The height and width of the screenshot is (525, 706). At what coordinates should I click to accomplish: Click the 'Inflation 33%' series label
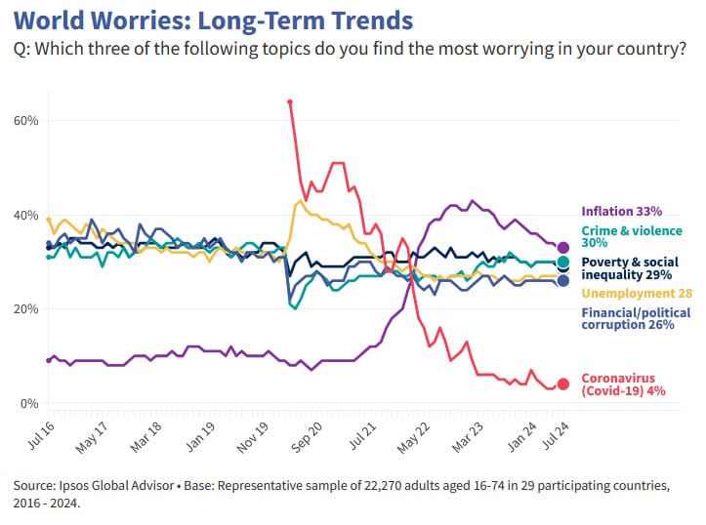(x=622, y=211)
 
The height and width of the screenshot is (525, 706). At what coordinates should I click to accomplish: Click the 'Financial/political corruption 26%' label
(x=636, y=319)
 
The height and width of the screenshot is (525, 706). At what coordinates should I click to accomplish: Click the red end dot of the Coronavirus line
(x=562, y=384)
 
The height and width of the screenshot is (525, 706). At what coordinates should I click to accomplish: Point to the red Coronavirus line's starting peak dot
(x=290, y=101)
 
